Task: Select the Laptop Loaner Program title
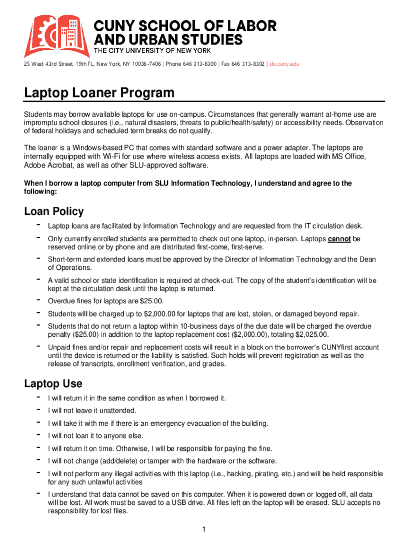99,93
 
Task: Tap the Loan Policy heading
54,212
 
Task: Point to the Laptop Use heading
53,383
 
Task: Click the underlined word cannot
339,239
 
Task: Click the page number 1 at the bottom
203,529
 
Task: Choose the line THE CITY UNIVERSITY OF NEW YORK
153,50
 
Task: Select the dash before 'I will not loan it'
38,435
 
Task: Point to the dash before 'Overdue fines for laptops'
38,300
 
